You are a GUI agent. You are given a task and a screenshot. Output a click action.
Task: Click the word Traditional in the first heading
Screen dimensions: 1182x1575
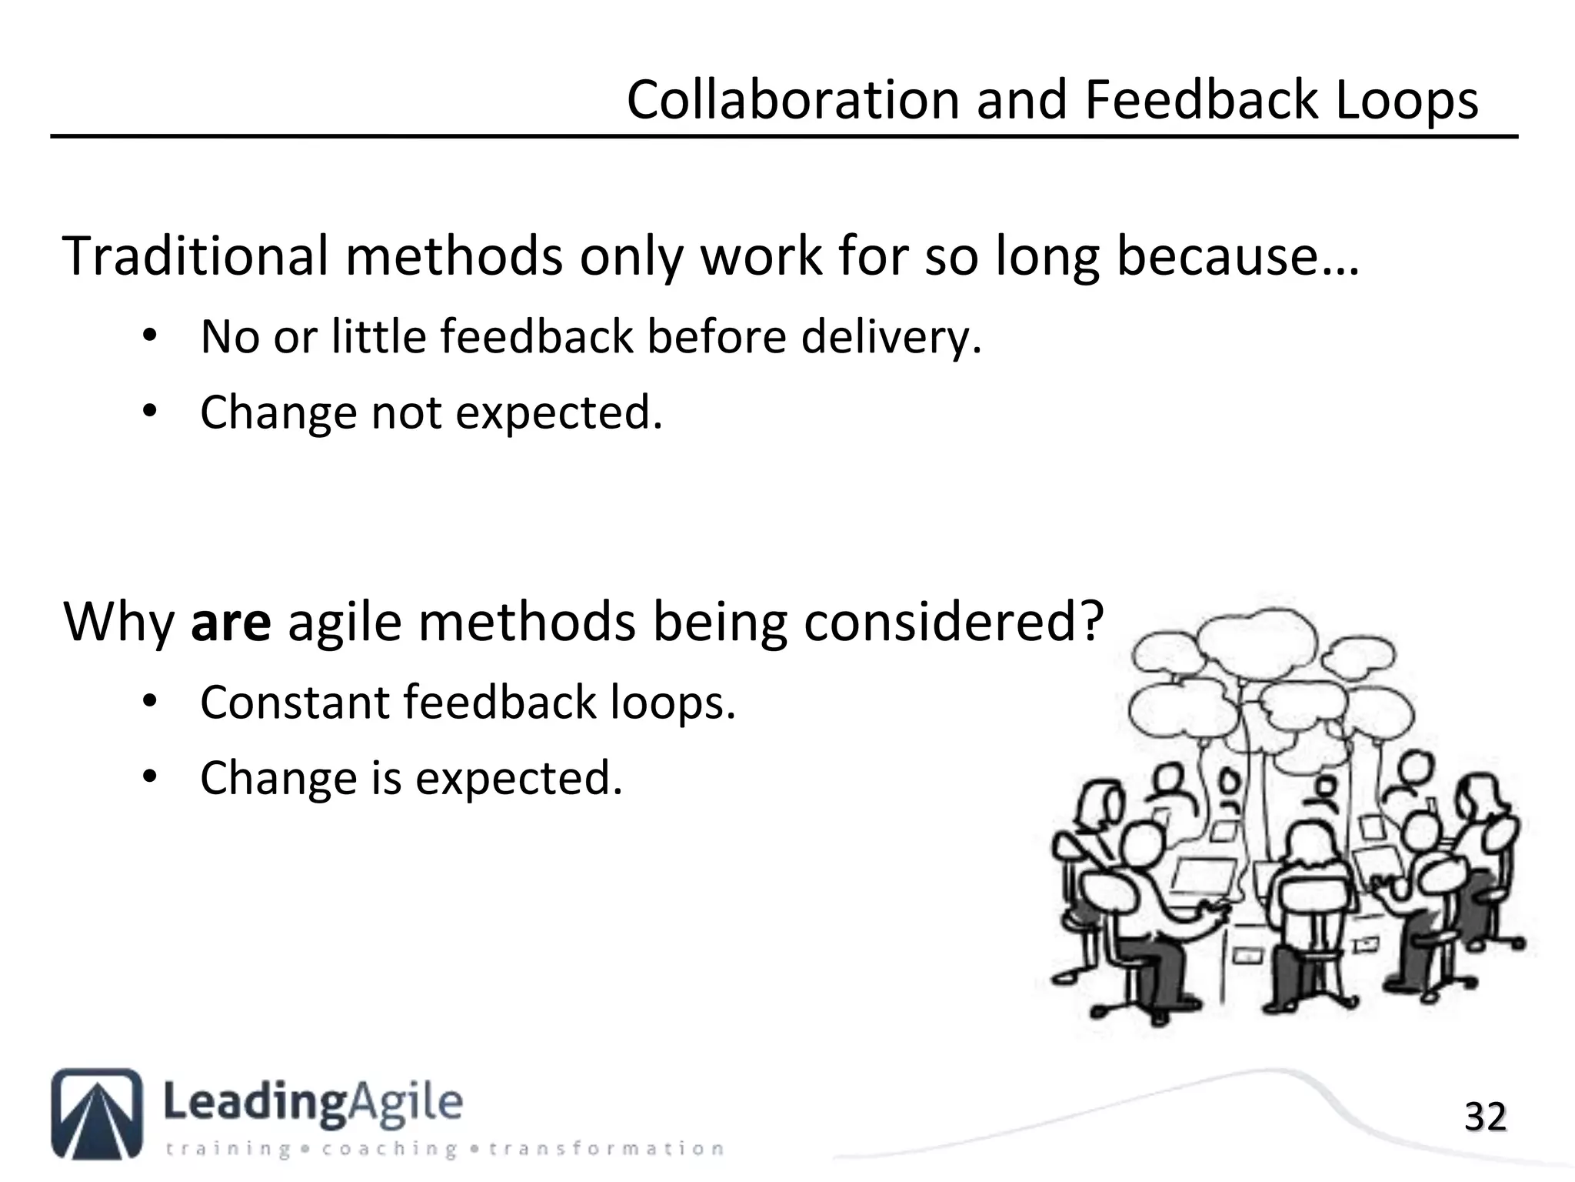[195, 256]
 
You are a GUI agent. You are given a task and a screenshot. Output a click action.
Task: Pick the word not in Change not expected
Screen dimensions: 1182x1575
[406, 413]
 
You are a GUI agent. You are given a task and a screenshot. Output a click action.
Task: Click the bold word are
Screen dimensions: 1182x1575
[231, 623]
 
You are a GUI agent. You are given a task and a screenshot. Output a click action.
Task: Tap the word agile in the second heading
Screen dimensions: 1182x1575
[345, 623]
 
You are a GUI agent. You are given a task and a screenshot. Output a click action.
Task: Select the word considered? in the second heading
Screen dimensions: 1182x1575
[954, 623]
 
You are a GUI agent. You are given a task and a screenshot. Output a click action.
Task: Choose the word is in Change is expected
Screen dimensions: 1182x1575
[387, 779]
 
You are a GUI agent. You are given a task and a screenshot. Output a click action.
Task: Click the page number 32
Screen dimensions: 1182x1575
[1484, 1117]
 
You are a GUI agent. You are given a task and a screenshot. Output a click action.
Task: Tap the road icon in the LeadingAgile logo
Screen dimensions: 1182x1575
[98, 1113]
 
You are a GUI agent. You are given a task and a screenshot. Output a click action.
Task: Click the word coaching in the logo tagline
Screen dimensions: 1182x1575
[390, 1150]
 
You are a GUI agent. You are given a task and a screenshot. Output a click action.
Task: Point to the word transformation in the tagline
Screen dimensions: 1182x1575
[606, 1150]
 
